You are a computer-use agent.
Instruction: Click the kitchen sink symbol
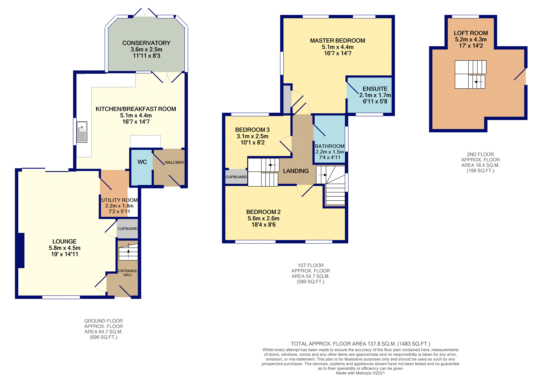[x=82, y=132]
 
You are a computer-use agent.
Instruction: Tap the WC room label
[x=142, y=162]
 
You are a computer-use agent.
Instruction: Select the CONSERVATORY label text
[x=146, y=43]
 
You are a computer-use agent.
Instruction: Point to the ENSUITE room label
[x=375, y=89]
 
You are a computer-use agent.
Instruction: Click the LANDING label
[x=296, y=171]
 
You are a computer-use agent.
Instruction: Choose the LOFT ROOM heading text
[x=471, y=33]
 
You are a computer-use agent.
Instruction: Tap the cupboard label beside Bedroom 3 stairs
[x=236, y=177]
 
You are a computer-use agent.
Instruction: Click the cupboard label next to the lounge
[x=128, y=228]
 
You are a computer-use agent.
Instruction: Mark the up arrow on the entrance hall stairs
[x=128, y=253]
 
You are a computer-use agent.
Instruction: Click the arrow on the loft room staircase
[x=478, y=82]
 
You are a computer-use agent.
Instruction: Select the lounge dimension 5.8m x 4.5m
[x=65, y=248]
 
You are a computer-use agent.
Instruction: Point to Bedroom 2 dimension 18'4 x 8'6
[x=264, y=225]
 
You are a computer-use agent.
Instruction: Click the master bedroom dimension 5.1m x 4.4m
[x=338, y=47]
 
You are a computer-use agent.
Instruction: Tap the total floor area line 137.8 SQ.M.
[x=360, y=344]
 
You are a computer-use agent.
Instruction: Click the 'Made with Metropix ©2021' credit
[x=360, y=373]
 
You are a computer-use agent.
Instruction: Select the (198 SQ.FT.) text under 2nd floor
[x=480, y=171]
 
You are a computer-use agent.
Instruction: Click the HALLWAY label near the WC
[x=174, y=162]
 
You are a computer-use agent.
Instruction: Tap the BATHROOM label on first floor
[x=330, y=146]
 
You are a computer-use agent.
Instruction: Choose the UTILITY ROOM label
[x=119, y=200]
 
